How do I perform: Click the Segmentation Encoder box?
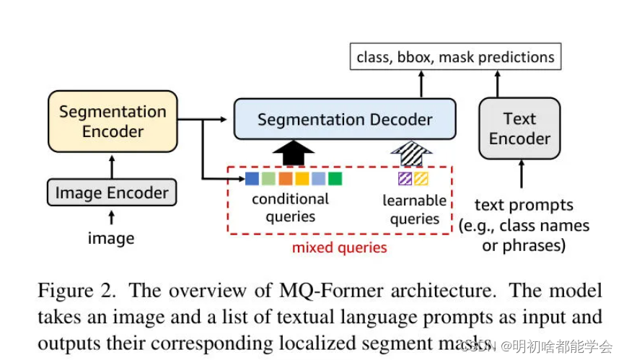(112, 122)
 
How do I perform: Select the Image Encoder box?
(112, 193)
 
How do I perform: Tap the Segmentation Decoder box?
(345, 120)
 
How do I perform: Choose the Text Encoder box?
(519, 128)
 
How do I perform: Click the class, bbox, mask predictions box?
(455, 57)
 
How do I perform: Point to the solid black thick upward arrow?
(292, 153)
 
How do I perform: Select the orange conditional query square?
(285, 178)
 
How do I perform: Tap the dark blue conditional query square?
(252, 178)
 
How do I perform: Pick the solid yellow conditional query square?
(302, 178)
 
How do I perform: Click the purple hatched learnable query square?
(405, 178)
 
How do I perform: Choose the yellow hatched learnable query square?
(421, 178)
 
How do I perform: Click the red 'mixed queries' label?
(339, 248)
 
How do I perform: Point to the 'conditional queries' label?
(290, 208)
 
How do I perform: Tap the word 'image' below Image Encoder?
(111, 238)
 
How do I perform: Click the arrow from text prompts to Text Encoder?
(519, 175)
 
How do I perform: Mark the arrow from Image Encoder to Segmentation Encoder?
(111, 167)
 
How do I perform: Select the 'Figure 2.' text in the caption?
(76, 291)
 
